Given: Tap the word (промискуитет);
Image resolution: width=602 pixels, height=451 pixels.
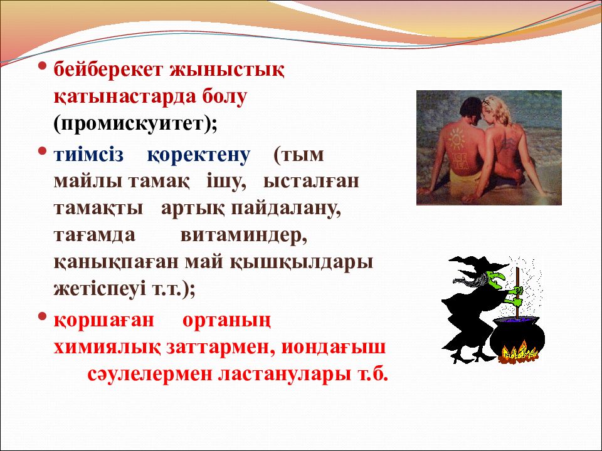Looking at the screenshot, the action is (x=135, y=124).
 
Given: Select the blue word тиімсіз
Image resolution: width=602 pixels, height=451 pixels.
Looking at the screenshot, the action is (x=88, y=155).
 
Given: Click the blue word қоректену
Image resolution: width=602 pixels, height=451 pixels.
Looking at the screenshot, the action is (x=199, y=155).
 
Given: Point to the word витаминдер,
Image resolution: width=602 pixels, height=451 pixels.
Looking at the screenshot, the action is (x=244, y=236).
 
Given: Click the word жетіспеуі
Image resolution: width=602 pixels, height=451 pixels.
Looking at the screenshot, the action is (x=100, y=289).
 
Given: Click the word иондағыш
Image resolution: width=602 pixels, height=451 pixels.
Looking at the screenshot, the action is (x=334, y=347).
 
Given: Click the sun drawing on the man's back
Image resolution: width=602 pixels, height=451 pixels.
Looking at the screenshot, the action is (x=456, y=139).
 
